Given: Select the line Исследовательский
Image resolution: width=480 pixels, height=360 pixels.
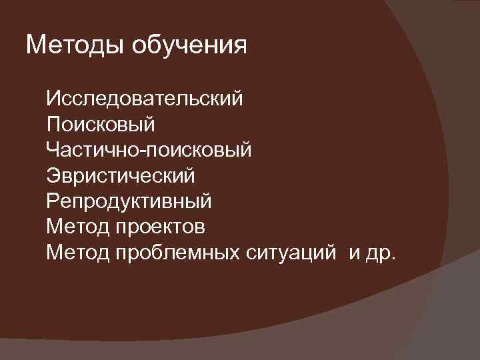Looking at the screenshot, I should point(145,100).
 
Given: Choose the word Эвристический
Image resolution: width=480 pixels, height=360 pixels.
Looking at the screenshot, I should point(121,176).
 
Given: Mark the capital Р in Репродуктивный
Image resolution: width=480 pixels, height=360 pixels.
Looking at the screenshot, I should point(53,201).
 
